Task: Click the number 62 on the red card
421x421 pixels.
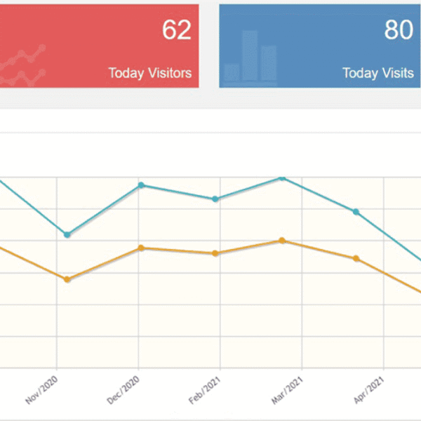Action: (176, 31)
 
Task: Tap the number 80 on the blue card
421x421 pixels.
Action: (399, 31)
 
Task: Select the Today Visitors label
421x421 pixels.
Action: (150, 72)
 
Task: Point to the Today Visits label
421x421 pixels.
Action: (378, 72)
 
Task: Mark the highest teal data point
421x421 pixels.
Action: (282, 178)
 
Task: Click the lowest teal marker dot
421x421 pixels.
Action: (67, 234)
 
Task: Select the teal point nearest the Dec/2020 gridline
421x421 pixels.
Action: (141, 185)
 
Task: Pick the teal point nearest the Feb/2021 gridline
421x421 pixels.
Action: (216, 199)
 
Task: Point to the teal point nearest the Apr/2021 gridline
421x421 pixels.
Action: (356, 212)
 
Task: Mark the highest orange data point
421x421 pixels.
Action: (282, 241)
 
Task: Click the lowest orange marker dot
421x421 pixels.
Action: (67, 279)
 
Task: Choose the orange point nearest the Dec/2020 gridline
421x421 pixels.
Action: (141, 248)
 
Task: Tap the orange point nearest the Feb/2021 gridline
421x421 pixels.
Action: (216, 253)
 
